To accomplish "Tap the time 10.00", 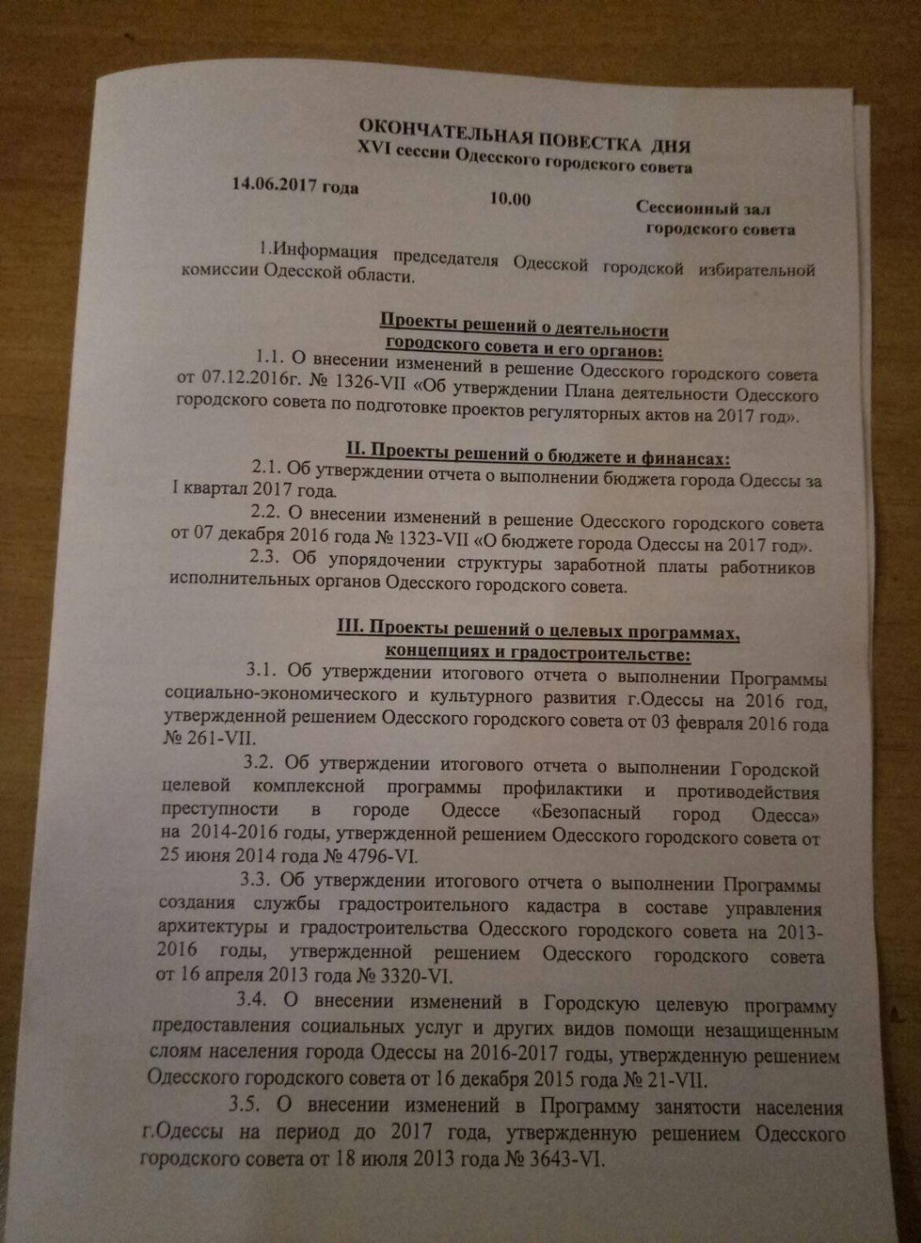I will (x=510, y=200).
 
